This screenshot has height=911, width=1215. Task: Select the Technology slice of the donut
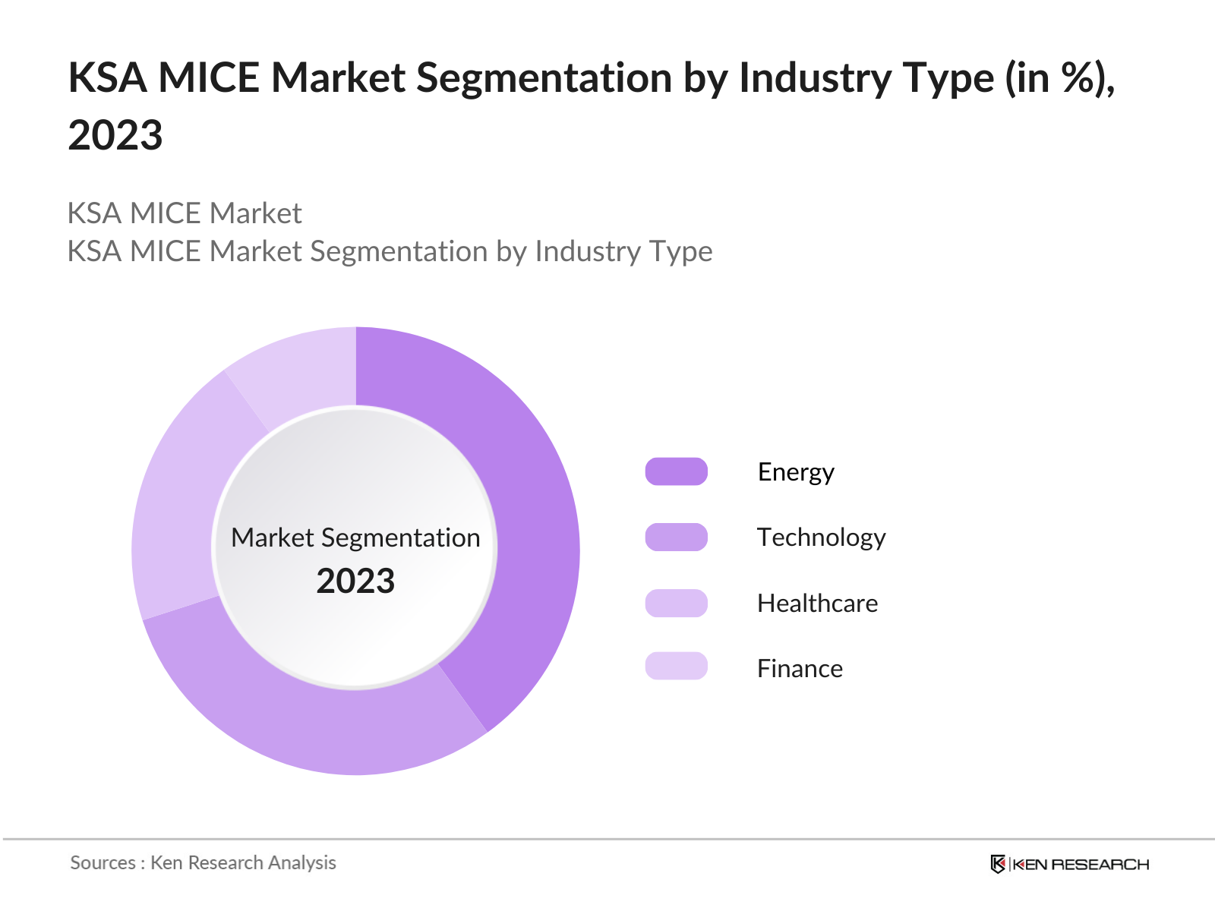click(x=319, y=721)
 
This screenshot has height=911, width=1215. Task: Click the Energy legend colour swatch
click(x=676, y=471)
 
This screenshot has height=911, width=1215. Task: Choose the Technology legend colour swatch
click(x=676, y=537)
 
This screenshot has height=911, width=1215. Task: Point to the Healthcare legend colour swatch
click(x=676, y=603)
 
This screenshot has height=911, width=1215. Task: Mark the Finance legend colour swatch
click(x=676, y=666)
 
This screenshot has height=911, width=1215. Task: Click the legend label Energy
click(x=796, y=472)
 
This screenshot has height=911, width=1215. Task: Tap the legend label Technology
click(x=821, y=537)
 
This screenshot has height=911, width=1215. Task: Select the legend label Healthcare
click(x=817, y=604)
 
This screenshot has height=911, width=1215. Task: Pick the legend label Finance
click(x=800, y=669)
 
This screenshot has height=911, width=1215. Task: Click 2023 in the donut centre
click(x=355, y=582)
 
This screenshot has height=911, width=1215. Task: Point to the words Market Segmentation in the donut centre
click(x=355, y=537)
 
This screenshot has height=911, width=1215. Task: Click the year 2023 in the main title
click(x=115, y=135)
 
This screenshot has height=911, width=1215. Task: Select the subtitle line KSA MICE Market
click(x=185, y=213)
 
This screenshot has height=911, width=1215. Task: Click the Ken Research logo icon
click(x=998, y=864)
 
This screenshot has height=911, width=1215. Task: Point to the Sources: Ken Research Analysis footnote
click(x=203, y=862)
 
